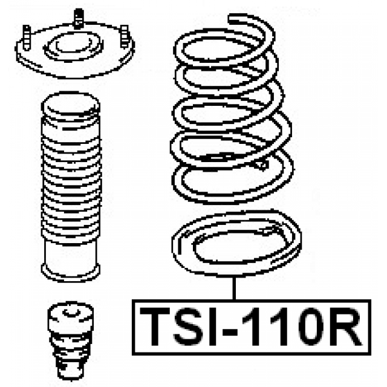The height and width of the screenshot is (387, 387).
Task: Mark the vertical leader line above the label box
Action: point(234,288)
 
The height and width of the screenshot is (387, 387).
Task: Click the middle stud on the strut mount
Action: point(79,17)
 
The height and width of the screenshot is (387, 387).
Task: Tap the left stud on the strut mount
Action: point(27,37)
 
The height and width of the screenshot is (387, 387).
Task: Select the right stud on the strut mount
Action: point(125,36)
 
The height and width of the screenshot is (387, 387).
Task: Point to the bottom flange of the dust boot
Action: point(71,273)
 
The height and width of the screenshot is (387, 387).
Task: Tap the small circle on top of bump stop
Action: point(71,313)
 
